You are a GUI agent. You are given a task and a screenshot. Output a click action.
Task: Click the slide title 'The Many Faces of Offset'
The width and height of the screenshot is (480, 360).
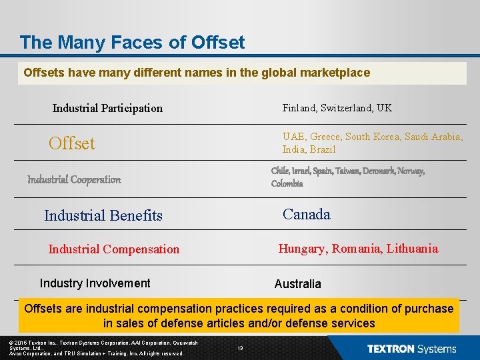point(132,43)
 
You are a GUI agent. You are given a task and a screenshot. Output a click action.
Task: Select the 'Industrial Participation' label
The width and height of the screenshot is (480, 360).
point(107,108)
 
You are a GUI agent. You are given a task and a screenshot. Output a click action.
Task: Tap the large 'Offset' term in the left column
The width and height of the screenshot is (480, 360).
point(72,143)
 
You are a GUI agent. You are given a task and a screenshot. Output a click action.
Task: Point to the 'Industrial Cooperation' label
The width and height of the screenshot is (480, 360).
point(74,179)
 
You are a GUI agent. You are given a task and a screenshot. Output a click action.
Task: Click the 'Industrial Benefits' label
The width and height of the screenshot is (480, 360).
point(103,215)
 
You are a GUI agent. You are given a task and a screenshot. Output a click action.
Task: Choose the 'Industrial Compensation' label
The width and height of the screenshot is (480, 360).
point(114,249)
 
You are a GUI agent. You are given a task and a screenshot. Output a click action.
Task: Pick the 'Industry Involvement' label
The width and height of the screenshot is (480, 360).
point(95,283)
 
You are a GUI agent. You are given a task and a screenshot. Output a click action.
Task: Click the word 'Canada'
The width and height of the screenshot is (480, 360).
point(307,214)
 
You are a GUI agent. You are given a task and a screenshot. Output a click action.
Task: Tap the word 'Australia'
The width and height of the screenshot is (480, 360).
point(298,284)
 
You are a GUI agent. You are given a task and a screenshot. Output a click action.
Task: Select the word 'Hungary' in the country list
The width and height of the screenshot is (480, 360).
point(302,249)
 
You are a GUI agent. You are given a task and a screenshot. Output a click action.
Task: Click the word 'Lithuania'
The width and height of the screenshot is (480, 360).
point(411,249)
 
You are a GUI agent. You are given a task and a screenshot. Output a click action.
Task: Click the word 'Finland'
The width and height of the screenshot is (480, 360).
point(298,108)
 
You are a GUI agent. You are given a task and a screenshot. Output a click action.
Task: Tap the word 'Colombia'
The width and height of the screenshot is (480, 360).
point(287,183)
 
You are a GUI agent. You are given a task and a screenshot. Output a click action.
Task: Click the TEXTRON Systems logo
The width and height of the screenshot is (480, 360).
point(411,349)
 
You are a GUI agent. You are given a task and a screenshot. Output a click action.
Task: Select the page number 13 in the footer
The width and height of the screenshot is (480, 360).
point(240,348)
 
